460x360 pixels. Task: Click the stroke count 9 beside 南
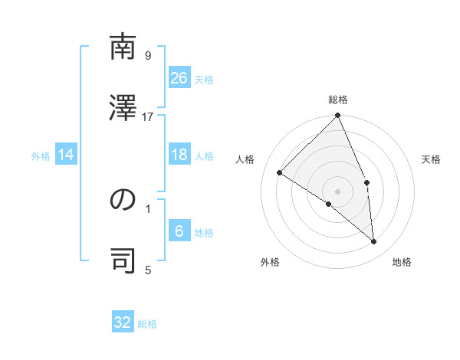[148, 55]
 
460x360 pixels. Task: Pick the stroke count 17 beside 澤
[148, 116]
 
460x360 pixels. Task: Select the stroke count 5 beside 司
[148, 269]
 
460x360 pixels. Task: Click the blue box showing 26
[179, 78]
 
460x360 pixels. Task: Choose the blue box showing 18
[179, 155]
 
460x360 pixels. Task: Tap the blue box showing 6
[179, 231]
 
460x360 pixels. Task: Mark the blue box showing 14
[66, 155]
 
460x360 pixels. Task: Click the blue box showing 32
[123, 322]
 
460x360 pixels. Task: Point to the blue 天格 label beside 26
[203, 80]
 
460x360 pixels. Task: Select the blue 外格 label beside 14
[41, 156]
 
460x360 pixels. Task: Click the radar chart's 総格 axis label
[338, 100]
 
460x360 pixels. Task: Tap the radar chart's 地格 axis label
[402, 263]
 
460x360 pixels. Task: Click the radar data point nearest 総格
[338, 116]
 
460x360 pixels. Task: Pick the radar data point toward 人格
[280, 172]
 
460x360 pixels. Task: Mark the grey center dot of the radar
[338, 191]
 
